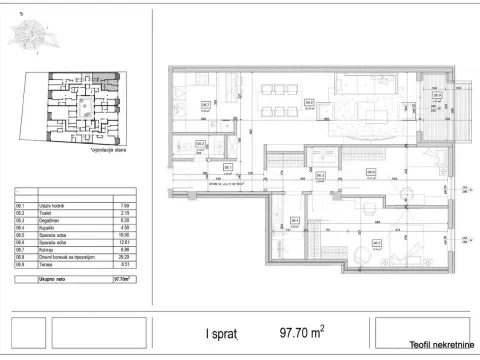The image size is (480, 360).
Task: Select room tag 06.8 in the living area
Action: point(309,102)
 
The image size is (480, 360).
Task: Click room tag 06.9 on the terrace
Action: point(436,96)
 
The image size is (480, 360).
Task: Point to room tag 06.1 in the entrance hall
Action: point(228,167)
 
